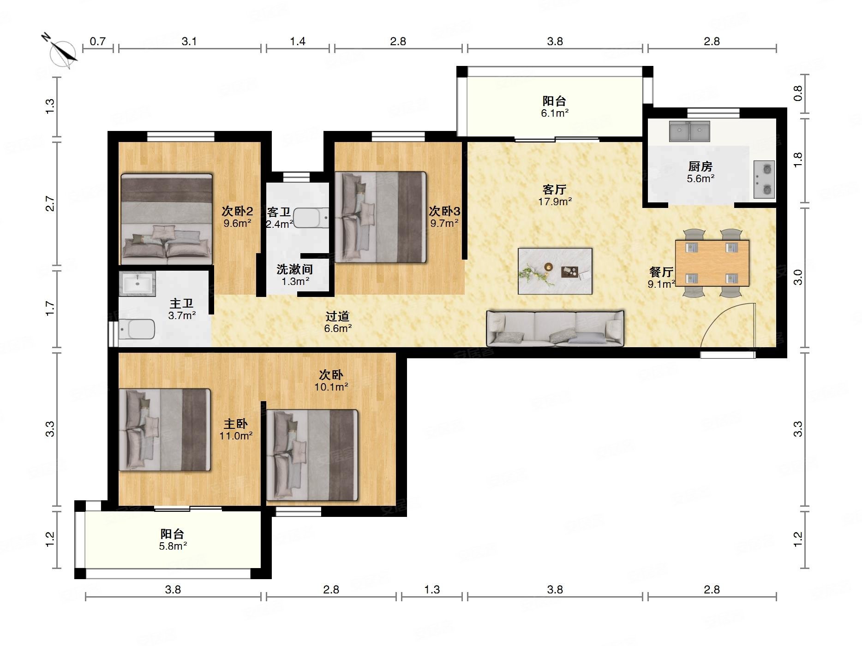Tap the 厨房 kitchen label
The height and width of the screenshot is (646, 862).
(x=700, y=166)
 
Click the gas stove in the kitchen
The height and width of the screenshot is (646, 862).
(x=764, y=179)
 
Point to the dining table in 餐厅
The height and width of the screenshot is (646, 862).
(x=712, y=263)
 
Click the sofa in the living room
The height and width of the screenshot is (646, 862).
(x=555, y=328)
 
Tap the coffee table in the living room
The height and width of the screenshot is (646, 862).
(x=555, y=271)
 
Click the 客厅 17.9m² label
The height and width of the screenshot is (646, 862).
(x=555, y=195)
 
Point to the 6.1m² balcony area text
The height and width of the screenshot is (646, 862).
(x=555, y=113)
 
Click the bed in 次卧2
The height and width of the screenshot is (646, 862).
(x=167, y=219)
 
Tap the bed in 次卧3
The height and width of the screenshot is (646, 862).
(x=380, y=217)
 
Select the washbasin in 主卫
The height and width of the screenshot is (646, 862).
(x=138, y=283)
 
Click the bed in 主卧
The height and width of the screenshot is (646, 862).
(x=165, y=430)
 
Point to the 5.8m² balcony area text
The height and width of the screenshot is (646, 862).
(x=173, y=546)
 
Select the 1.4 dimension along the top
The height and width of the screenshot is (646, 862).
(x=298, y=41)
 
